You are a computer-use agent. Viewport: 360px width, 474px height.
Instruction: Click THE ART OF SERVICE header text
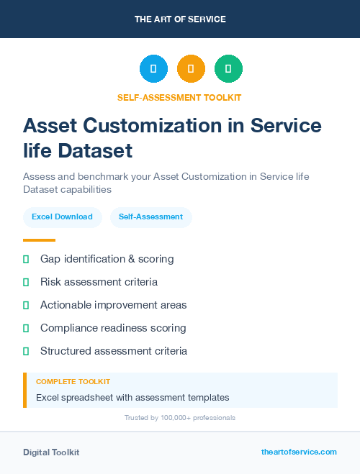coord(180,19)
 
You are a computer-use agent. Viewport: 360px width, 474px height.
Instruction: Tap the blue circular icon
coord(153,69)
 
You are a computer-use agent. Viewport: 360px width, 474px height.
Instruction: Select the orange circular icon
coord(191,69)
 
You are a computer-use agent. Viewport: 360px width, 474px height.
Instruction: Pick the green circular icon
coord(228,69)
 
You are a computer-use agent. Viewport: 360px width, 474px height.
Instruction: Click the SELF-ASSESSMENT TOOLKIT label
coord(179,97)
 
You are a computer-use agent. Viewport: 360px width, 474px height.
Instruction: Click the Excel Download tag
coord(62,217)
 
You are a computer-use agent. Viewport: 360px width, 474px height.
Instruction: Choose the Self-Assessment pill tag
coord(150,217)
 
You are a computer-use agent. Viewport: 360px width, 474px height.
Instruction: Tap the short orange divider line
coord(39,240)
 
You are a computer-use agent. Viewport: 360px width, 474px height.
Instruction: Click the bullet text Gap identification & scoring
coord(107,259)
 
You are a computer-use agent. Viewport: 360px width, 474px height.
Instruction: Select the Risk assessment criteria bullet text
coord(99,282)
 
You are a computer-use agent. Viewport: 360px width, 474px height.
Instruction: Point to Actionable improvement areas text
coord(113,305)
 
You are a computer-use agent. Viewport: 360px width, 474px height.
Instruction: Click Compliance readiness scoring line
coord(113,328)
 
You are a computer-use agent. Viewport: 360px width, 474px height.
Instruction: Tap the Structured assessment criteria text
coord(114,351)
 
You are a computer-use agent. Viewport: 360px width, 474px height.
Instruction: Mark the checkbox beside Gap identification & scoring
coord(26,259)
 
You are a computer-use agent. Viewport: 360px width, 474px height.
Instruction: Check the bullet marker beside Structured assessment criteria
coord(26,351)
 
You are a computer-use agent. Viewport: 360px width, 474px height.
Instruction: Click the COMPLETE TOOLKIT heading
coord(73,382)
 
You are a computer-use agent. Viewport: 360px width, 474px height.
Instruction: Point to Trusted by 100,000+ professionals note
coord(179,417)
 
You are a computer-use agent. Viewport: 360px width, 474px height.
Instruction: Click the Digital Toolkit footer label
coord(51,452)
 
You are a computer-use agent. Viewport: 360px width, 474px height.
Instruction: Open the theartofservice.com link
coord(299,452)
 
